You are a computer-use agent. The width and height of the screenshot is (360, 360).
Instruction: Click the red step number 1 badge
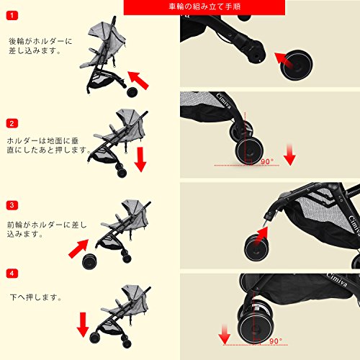[x=12, y=16]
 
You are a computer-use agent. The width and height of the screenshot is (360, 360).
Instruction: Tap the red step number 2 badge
[x=12, y=123]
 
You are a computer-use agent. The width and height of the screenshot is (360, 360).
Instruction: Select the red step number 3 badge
[x=12, y=205]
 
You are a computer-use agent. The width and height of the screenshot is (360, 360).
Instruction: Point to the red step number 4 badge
[x=12, y=273]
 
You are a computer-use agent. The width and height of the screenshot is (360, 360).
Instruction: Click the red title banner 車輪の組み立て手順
[x=204, y=7]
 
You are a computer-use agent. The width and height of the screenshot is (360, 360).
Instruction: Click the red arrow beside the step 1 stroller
[x=138, y=81]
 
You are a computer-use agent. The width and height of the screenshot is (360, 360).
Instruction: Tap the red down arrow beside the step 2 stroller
[x=140, y=159]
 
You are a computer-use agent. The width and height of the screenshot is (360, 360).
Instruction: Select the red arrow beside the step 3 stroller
[x=78, y=248]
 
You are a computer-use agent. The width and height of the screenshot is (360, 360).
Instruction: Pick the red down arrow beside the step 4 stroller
[x=83, y=325]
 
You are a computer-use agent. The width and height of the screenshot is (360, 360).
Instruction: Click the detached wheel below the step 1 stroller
[x=132, y=92]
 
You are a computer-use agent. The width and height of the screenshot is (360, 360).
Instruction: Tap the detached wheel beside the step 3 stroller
[x=89, y=261]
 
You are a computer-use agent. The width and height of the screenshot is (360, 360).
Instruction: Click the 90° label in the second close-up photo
[x=267, y=161]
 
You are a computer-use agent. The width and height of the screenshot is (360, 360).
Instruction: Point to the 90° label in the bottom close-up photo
[x=276, y=341]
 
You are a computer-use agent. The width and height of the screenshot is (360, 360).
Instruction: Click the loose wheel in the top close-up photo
[x=297, y=65]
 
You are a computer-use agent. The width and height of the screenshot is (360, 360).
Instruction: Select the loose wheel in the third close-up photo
[x=256, y=248]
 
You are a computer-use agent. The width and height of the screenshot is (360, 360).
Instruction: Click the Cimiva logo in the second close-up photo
[x=224, y=101]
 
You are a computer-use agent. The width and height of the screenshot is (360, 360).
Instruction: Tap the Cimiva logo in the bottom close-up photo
[x=337, y=280]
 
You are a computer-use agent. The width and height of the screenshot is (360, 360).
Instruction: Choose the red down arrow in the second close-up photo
[x=289, y=155]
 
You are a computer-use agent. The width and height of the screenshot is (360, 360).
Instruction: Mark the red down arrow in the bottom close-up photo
[x=225, y=334]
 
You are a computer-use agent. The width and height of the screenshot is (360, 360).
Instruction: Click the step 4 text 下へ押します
[x=35, y=297]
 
